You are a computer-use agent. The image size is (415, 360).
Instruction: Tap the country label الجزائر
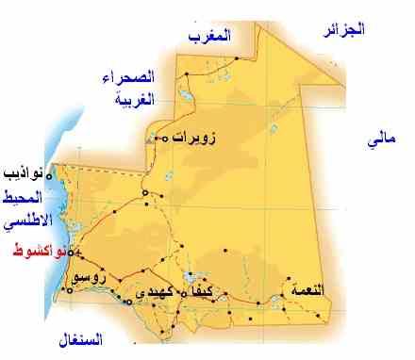pyautogui.click(x=342, y=29)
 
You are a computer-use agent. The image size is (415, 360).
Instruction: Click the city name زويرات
pyautogui.click(x=194, y=138)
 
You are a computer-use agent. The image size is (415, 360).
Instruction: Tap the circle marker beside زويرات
pyautogui.click(x=165, y=139)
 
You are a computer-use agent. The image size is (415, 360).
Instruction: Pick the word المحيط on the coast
pyautogui.click(x=23, y=200)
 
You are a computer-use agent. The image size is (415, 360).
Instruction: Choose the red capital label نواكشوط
pyautogui.click(x=37, y=253)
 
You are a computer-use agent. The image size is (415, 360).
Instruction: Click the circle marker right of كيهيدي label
pyautogui.click(x=183, y=293)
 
